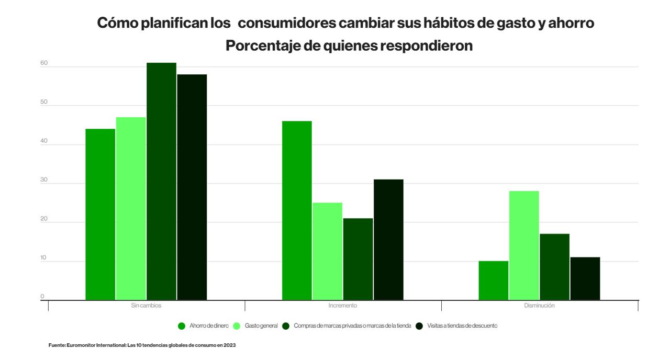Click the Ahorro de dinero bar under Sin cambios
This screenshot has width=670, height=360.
(100, 215)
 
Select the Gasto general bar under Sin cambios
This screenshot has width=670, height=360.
(131, 209)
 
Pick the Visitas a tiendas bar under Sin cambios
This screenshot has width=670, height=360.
(192, 187)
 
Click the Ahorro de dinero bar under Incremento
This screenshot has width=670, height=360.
(297, 210)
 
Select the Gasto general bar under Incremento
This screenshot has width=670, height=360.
(328, 251)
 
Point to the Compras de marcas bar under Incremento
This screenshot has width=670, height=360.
(358, 259)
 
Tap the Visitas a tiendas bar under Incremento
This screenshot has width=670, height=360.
(388, 240)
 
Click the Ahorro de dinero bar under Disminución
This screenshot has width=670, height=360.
(494, 280)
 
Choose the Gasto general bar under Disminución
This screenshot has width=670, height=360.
(524, 245)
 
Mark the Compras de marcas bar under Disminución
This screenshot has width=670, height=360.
(554, 267)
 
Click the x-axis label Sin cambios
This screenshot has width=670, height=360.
(146, 306)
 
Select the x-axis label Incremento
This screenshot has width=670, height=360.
(343, 306)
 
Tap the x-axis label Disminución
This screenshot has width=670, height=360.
(539, 306)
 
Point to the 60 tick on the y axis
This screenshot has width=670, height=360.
(44, 63)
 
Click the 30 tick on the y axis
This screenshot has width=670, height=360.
(44, 180)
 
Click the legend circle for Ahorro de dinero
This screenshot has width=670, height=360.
(182, 326)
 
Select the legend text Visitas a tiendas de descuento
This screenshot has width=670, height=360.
(462, 326)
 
